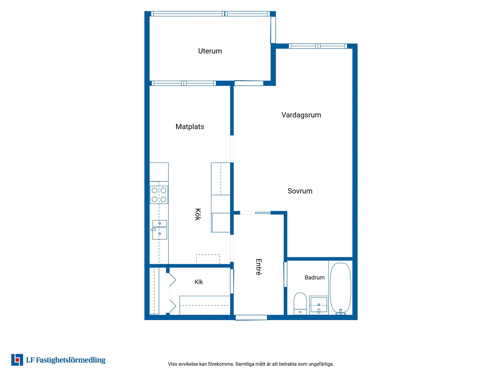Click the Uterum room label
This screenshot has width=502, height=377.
pyautogui.click(x=210, y=51)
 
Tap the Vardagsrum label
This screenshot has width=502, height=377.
pyautogui.click(x=301, y=115)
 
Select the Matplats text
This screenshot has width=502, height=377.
pyautogui.click(x=190, y=127)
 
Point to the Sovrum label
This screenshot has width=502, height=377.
pyautogui.click(x=300, y=191)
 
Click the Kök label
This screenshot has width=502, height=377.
pyautogui.click(x=198, y=214)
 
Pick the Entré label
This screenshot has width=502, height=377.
pyautogui.click(x=259, y=267)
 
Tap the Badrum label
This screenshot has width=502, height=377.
pyautogui.click(x=315, y=278)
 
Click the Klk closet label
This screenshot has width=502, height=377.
pyautogui.click(x=199, y=282)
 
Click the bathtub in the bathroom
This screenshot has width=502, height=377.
pyautogui.click(x=340, y=288)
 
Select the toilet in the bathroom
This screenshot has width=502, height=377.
pyautogui.click(x=300, y=303)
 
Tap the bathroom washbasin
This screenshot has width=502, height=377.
pyautogui.click(x=319, y=305)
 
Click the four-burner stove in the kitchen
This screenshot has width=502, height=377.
pyautogui.click(x=159, y=195)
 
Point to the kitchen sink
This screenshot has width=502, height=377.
pyautogui.click(x=159, y=230)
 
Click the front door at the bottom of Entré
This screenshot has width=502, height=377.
pyautogui.click(x=251, y=318)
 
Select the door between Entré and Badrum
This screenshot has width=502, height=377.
pyautogui.click(x=286, y=274)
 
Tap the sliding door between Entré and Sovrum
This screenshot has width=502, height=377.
pyautogui.click(x=255, y=213)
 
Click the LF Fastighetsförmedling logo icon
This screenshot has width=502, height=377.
pyautogui.click(x=17, y=360)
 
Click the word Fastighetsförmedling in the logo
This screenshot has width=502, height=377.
pyautogui.click(x=71, y=360)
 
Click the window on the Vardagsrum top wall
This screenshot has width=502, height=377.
pyautogui.click(x=318, y=46)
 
